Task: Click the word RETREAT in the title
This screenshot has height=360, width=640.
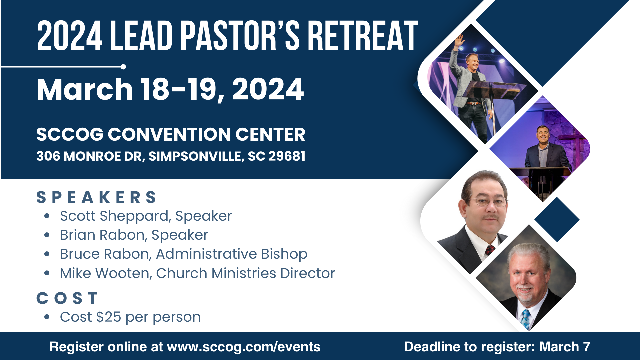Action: click(x=362, y=36)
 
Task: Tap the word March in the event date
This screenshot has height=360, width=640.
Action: click(x=85, y=89)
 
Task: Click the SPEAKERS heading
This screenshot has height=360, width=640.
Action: click(x=96, y=197)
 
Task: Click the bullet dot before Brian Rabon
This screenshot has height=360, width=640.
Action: click(x=47, y=235)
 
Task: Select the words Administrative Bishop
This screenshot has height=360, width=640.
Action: click(x=232, y=254)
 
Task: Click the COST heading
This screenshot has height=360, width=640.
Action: click(x=67, y=298)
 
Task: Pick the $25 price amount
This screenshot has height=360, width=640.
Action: click(x=109, y=317)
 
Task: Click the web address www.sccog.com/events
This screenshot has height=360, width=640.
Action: click(x=244, y=347)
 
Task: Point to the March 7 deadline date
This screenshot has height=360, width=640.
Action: click(x=565, y=347)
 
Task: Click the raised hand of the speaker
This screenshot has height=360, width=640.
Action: click(x=460, y=41)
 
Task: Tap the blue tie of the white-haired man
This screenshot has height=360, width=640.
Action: click(x=526, y=319)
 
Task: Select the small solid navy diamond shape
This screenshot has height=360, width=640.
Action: click(x=557, y=220)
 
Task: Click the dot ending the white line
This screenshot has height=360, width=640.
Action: click(x=123, y=67)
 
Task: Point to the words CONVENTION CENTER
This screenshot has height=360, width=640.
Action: click(x=206, y=134)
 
